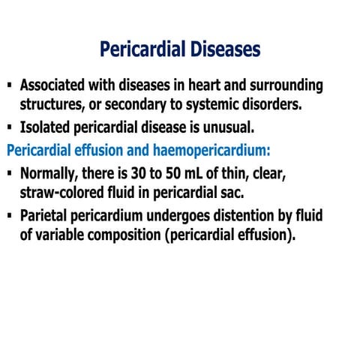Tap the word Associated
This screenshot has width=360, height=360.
[x=58, y=85]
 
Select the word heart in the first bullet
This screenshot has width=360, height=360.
[x=205, y=85]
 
